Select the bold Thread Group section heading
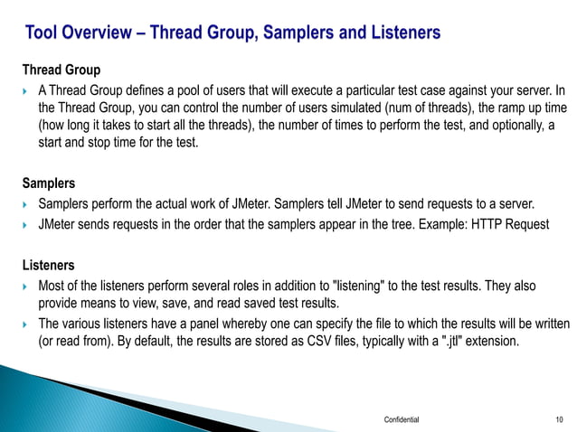[61, 70]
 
